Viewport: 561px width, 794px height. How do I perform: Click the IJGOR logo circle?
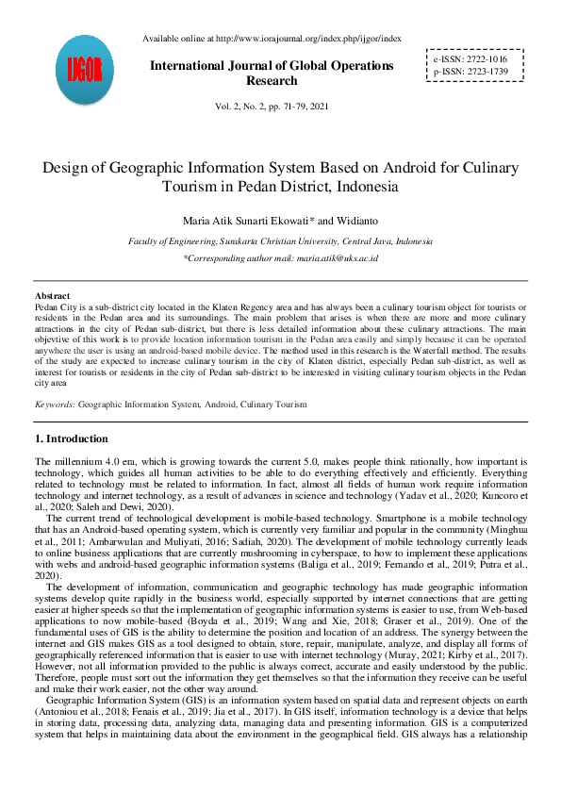tap(86, 72)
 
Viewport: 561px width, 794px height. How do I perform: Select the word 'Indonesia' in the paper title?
tap(361, 187)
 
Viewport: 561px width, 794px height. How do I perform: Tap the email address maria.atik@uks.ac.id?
tap(337, 257)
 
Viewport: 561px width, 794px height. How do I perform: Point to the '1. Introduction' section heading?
tap(71, 438)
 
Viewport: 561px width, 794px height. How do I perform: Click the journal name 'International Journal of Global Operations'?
tap(272, 66)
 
